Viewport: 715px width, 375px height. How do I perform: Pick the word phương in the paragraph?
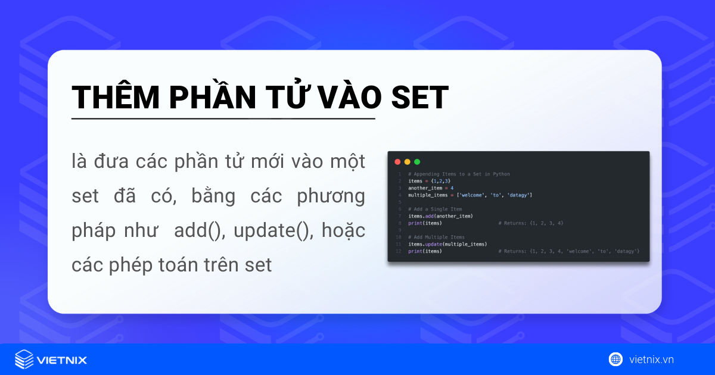[331, 196]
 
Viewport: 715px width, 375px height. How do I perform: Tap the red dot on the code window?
[397, 161]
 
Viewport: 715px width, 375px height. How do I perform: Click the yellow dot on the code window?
[408, 161]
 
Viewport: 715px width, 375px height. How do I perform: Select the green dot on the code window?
[417, 161]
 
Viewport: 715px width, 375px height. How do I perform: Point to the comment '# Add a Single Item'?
[435, 209]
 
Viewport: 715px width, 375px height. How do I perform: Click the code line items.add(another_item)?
[440, 216]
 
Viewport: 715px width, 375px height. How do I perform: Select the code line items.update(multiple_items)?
[447, 244]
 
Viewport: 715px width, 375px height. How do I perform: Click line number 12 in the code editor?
[399, 251]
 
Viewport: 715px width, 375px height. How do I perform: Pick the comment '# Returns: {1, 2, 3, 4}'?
[531, 223]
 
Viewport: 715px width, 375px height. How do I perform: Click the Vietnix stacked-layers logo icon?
[24, 360]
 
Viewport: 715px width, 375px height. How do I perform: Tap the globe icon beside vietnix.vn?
[615, 359]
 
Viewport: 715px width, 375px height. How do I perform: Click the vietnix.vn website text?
[651, 360]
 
